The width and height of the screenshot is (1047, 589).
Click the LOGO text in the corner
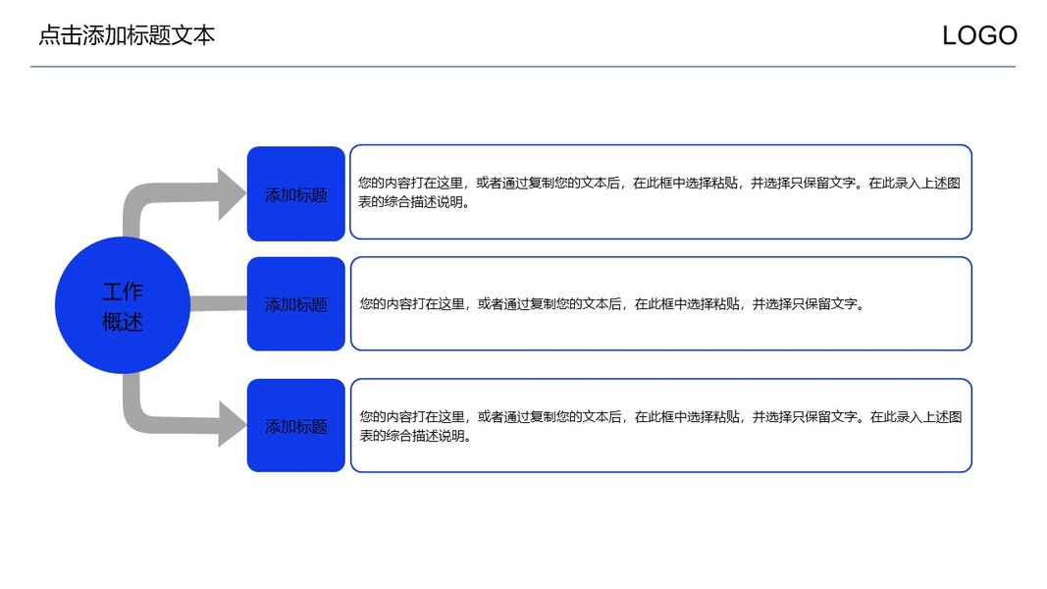(979, 36)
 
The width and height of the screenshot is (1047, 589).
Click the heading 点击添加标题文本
(127, 36)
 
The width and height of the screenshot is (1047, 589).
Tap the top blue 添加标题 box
(295, 193)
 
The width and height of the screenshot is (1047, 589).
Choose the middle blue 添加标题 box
(295, 304)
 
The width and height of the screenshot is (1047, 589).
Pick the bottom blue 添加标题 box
(295, 426)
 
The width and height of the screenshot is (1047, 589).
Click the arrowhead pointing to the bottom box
(232, 424)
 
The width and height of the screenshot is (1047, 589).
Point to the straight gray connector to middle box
(217, 304)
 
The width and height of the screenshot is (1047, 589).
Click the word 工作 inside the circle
(123, 292)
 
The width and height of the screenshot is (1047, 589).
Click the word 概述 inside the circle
(123, 321)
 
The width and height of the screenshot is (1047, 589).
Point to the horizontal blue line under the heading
(522, 67)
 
